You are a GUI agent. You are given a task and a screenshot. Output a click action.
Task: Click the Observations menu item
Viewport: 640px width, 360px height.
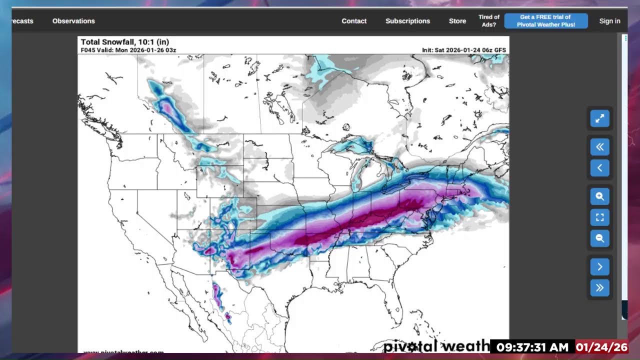click(x=73, y=21)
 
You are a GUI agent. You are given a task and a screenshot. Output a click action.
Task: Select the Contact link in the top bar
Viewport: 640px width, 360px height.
click(x=354, y=21)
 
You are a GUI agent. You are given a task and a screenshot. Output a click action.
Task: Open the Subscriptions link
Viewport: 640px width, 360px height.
click(x=407, y=21)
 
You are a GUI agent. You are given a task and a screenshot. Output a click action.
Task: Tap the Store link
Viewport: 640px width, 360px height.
click(x=457, y=21)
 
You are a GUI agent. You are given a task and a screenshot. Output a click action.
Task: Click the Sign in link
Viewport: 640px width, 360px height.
click(x=609, y=21)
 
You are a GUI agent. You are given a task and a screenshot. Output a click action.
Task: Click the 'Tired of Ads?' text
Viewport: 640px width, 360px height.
click(x=488, y=21)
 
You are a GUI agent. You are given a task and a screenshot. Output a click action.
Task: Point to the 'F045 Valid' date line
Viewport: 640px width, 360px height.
click(x=128, y=50)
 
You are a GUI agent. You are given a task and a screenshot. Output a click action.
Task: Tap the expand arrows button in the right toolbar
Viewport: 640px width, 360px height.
click(x=599, y=118)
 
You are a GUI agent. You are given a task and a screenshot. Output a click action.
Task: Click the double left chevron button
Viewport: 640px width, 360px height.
click(x=599, y=147)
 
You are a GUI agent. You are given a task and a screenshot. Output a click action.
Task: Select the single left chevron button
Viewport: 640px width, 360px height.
click(x=599, y=168)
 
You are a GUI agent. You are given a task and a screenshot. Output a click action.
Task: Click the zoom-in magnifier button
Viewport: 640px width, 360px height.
click(x=599, y=196)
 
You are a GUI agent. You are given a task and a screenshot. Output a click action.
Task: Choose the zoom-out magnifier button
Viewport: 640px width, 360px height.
click(x=599, y=238)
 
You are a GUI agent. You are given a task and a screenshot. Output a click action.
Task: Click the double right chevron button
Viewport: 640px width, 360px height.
click(x=599, y=288)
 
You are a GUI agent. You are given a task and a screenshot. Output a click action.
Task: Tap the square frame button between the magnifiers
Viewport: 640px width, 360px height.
click(x=599, y=217)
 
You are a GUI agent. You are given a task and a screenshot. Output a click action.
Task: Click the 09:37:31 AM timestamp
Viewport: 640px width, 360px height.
click(x=532, y=347)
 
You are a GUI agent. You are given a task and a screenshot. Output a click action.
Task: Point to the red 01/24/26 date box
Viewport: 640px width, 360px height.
click(x=601, y=347)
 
